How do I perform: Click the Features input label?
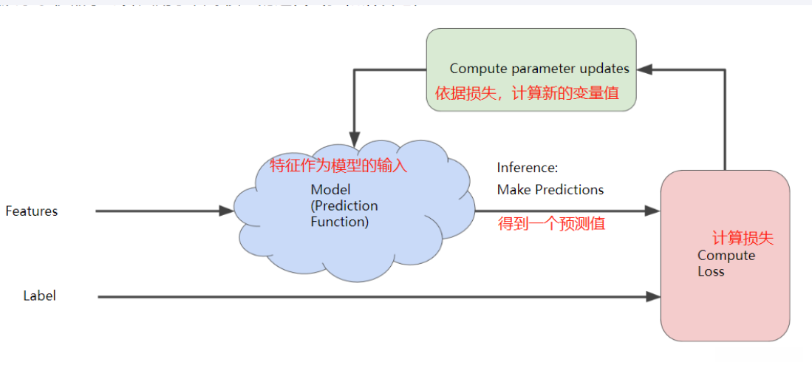[31, 211]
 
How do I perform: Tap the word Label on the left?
[39, 296]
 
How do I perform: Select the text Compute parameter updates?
[539, 69]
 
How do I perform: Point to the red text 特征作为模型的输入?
[338, 166]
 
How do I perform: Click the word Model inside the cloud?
[330, 190]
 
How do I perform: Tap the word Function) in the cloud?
[339, 221]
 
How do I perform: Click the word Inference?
[527, 168]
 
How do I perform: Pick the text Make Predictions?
[550, 190]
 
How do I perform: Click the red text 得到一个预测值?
[551, 224]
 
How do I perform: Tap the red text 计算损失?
[743, 239]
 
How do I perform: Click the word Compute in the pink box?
[726, 256]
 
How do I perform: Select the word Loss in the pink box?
[711, 271]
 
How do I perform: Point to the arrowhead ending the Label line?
[652, 297]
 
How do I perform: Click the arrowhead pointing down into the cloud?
[355, 139]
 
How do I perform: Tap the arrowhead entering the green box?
[644, 69]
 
